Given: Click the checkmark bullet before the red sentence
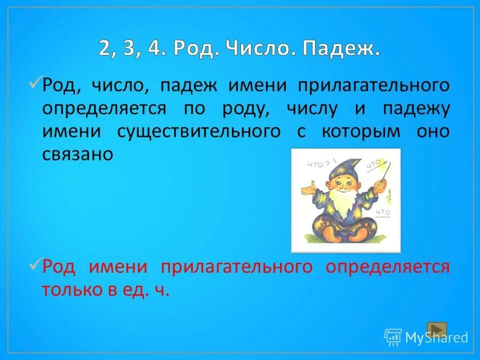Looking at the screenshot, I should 35,263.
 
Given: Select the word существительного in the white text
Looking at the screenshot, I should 198,132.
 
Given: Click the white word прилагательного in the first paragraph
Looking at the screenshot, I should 373,85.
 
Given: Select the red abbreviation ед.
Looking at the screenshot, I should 134,290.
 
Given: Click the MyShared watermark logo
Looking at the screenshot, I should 426,337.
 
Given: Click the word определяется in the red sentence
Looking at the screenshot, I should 387,267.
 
